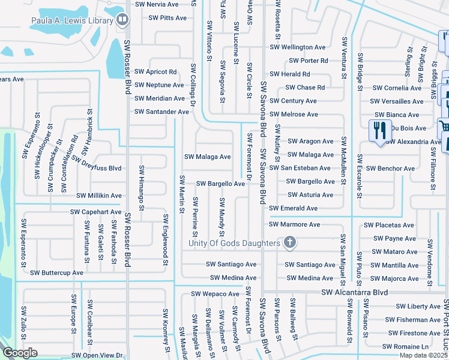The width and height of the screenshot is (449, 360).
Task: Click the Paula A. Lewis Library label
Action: [x=72, y=21]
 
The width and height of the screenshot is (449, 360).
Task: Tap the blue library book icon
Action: [x=122, y=20]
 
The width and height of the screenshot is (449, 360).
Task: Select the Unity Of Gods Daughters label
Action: [x=234, y=243]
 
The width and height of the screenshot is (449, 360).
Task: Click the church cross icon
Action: [x=290, y=242]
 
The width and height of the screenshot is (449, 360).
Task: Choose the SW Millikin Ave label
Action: [x=99, y=196]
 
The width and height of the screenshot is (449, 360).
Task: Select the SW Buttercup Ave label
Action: [x=57, y=272]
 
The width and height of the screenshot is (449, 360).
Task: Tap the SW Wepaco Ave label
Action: [x=215, y=294]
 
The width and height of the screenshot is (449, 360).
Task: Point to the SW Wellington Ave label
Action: [x=298, y=47]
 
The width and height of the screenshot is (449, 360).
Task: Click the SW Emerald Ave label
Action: [x=294, y=208]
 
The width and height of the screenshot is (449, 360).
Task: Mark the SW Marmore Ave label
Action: [x=295, y=224]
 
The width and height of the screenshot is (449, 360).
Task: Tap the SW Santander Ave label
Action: [x=161, y=112]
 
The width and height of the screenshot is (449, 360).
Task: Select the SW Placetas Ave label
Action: [x=388, y=226]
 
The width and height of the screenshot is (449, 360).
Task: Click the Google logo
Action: [x=20, y=353]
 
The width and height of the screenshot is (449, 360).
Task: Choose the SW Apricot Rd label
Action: [x=155, y=72]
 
